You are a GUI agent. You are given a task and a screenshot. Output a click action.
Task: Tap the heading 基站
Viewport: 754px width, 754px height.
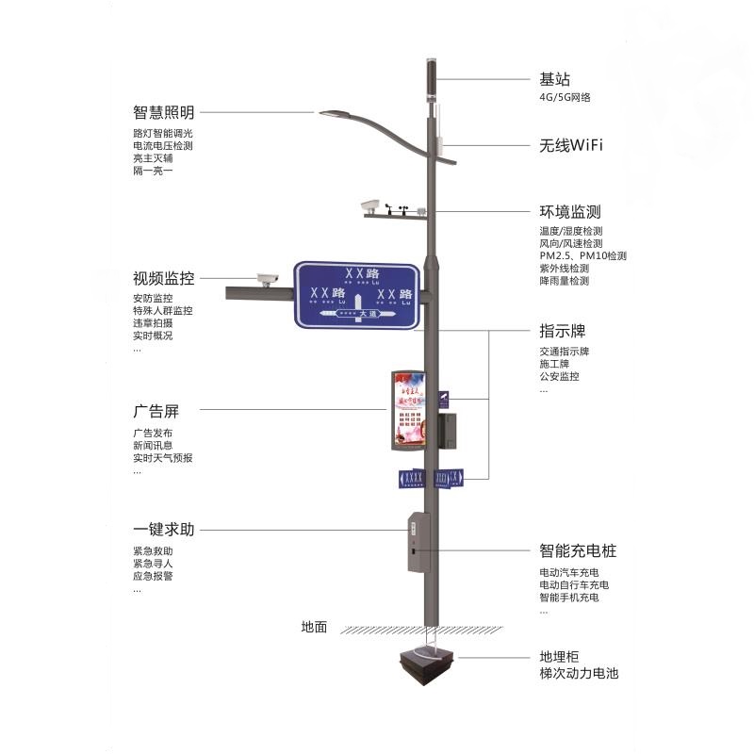[554, 80]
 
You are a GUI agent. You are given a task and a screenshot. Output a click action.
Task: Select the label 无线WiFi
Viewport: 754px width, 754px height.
[570, 146]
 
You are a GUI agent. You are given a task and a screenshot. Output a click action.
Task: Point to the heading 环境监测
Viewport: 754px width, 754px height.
[569, 212]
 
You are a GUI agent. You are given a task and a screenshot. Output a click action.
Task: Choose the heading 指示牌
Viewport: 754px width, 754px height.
[562, 332]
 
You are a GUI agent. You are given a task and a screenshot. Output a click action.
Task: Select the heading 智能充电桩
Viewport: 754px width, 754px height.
[577, 550]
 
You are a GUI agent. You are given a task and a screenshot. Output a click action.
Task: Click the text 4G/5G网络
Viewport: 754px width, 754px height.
[565, 97]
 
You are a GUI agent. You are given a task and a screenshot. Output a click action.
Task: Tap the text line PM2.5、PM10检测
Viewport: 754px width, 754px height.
[582, 255]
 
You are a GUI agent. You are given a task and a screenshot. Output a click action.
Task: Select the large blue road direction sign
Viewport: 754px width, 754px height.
[356, 294]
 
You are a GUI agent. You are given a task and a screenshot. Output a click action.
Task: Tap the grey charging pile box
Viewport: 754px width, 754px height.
[418, 542]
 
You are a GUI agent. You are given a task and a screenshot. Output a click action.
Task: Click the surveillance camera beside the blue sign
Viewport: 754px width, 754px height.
[268, 278]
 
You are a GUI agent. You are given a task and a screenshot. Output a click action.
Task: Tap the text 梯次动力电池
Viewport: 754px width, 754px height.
[579, 673]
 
